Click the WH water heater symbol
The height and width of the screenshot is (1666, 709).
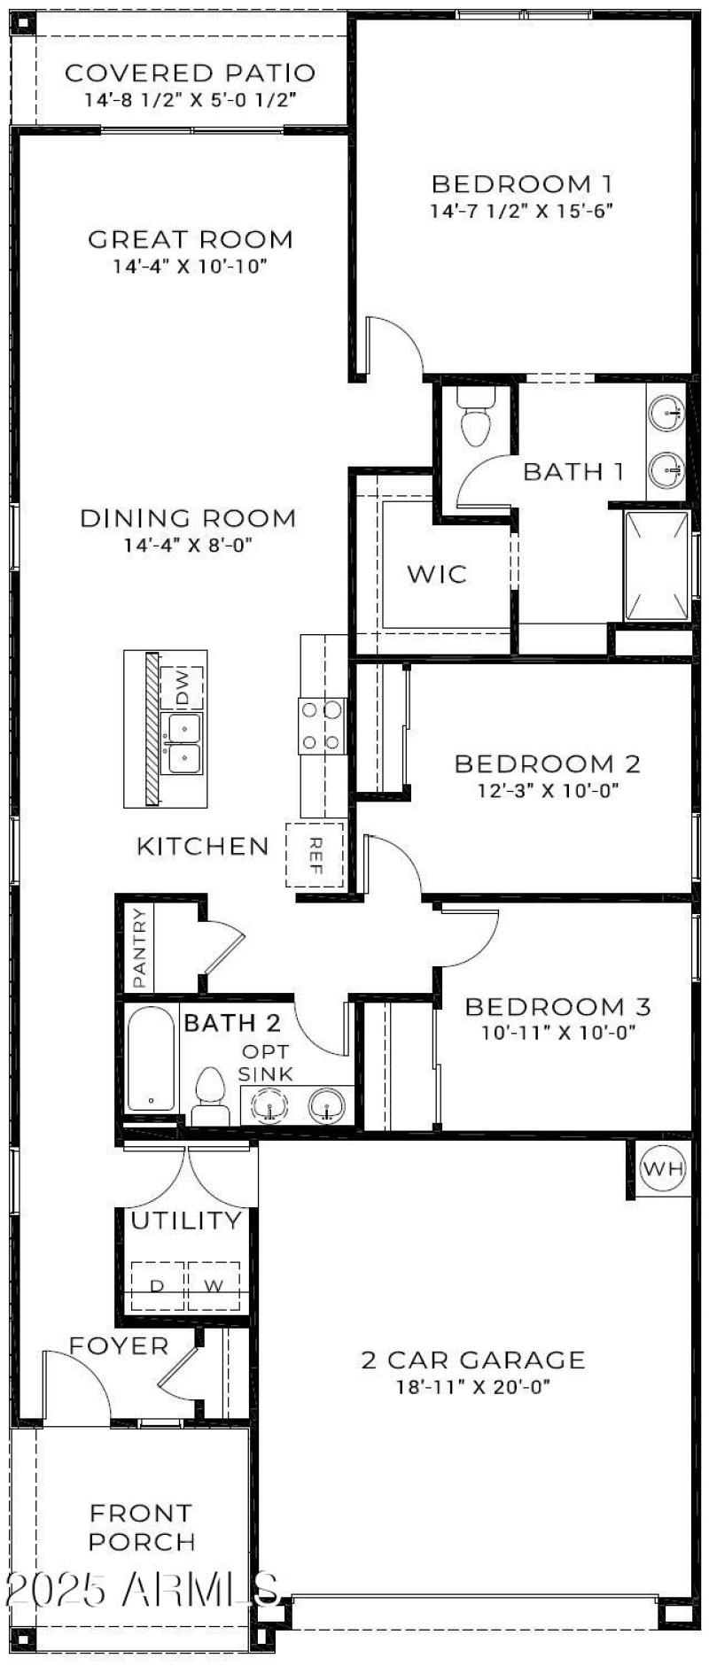tap(663, 1168)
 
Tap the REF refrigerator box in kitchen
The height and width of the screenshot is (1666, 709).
tap(315, 855)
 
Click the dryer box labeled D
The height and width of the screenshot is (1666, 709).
tap(157, 1285)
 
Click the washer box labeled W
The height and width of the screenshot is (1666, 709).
tap(214, 1285)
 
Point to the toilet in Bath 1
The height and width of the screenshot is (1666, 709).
tap(476, 418)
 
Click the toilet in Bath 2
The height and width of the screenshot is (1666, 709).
tap(210, 1094)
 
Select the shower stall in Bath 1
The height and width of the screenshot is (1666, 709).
tap(657, 566)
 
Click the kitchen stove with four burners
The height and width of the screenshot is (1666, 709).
tap(322, 725)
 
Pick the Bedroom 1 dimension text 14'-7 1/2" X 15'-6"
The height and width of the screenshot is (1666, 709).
tap(521, 212)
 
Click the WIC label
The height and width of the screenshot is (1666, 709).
tap(436, 574)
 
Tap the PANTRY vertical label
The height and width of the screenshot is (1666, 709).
tap(139, 949)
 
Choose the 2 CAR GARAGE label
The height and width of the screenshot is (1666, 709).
tap(472, 1360)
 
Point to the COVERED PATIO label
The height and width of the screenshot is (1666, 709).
tap(190, 73)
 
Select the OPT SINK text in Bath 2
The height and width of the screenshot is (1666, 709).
tap(266, 1063)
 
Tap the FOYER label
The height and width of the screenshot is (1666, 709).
tap(119, 1345)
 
